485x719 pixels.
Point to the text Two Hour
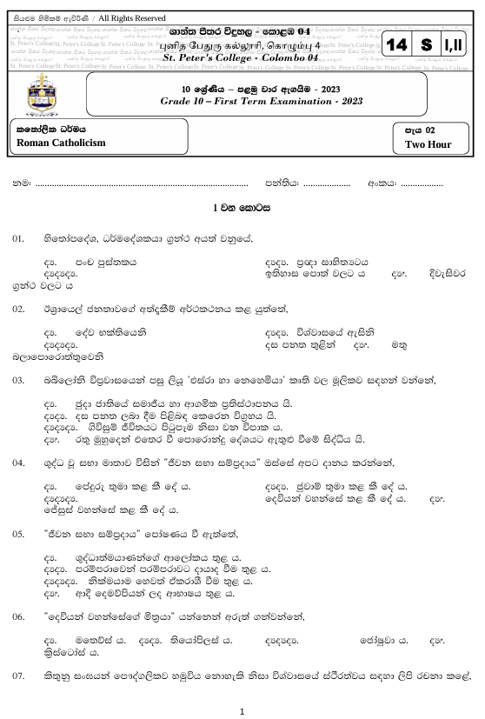(x=425, y=145)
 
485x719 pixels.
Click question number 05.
(x=18, y=530)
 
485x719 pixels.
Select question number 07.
(x=18, y=675)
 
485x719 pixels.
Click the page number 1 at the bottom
(x=242, y=709)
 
